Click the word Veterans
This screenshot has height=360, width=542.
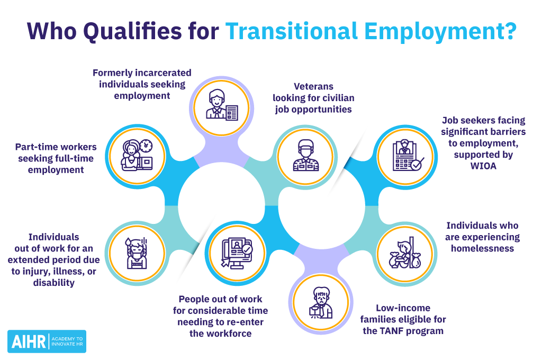314,86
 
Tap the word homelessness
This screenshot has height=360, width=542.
482,248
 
